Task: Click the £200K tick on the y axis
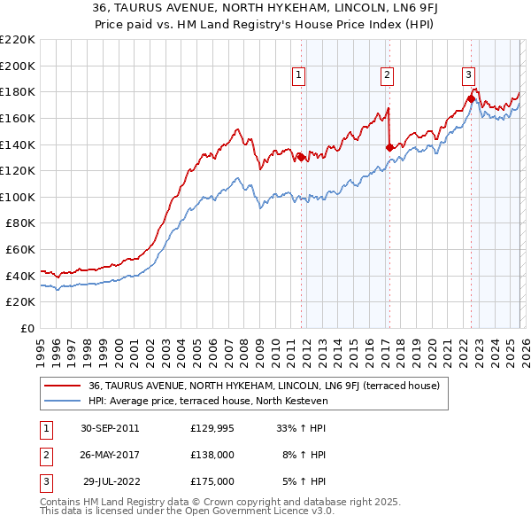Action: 18,66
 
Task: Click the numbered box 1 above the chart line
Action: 300,76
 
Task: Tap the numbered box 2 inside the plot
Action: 388,76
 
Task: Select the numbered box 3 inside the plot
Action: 468,76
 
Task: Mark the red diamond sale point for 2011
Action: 301,158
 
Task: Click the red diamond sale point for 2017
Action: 389,147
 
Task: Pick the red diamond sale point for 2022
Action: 471,98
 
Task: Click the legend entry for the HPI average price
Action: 208,401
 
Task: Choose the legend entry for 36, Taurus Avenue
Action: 258,386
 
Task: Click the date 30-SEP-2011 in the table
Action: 110,428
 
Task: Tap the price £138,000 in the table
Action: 212,455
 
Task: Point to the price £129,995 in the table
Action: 212,428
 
